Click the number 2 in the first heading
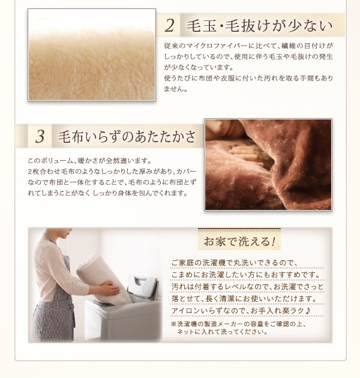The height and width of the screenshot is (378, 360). point(170,26)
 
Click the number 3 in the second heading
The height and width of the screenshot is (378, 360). point(40,137)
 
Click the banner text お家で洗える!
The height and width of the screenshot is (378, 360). point(239,242)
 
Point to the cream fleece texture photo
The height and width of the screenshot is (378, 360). point(92,55)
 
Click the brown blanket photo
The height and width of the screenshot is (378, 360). point(268,164)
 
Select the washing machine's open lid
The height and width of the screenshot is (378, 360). point(142,286)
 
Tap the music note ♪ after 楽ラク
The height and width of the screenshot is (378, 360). point(307,310)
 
